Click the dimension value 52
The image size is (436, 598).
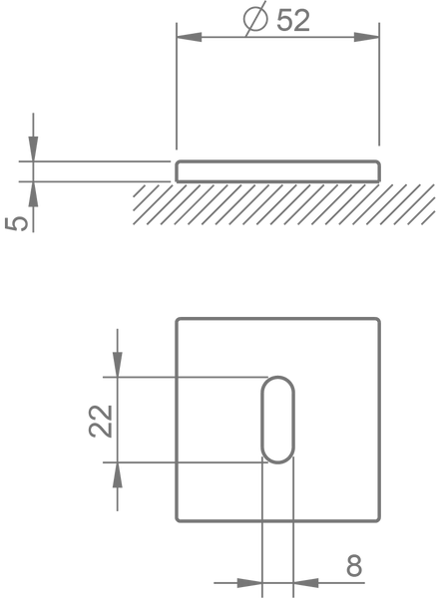[x=293, y=20]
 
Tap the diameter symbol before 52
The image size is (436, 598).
[x=255, y=18]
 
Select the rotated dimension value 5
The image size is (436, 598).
[x=16, y=223]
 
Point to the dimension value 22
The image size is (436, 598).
[x=101, y=421]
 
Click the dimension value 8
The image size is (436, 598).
[x=354, y=566]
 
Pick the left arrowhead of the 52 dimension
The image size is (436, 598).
[x=189, y=37]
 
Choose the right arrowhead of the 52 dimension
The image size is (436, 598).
[x=366, y=37]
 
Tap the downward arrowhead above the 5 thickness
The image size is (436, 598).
[x=33, y=149]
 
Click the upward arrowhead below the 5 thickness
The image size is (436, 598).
[x=33, y=194]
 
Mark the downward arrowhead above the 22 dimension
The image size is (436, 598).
[x=118, y=365]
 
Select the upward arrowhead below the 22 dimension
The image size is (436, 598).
[x=118, y=474]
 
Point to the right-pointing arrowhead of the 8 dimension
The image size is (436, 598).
[x=249, y=583]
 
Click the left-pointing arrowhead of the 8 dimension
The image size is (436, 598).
[x=306, y=583]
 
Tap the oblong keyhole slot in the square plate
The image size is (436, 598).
[x=278, y=420]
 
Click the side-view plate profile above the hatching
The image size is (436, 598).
[x=277, y=171]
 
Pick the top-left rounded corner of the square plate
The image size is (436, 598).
[x=178, y=320]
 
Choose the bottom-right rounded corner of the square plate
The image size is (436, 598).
[x=378, y=519]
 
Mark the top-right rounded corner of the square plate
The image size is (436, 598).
[x=378, y=320]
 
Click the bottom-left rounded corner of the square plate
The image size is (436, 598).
[x=178, y=519]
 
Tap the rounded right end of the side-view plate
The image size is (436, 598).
[x=379, y=171]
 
